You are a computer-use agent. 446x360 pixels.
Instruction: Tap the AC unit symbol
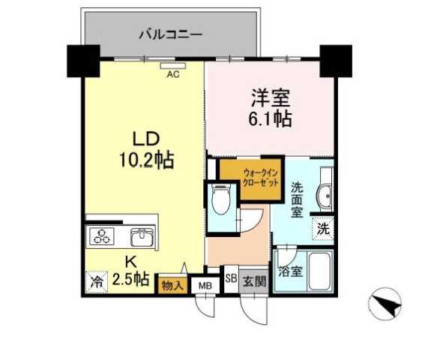(x=173, y=65)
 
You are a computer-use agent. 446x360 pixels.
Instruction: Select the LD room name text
(x=144, y=139)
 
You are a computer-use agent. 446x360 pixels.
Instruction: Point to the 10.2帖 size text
(x=144, y=160)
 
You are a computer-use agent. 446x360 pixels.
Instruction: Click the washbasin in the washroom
(x=326, y=197)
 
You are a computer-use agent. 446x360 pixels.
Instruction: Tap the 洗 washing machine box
(x=322, y=229)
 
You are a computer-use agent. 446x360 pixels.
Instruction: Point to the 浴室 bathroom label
(x=290, y=271)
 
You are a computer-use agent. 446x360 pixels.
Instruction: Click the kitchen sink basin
(x=141, y=237)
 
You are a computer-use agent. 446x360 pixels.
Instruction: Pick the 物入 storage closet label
(x=172, y=284)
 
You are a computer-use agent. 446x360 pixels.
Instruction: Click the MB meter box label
(x=204, y=285)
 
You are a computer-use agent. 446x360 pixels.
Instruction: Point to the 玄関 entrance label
(x=255, y=282)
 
